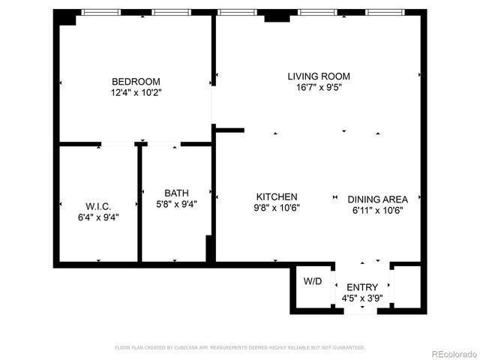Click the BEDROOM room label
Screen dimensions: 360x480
coord(136,82)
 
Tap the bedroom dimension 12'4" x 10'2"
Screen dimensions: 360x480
coord(136,93)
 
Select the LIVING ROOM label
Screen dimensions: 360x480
coord(319,76)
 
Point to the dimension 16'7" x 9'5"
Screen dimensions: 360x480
coord(319,87)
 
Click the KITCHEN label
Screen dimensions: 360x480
coord(277,197)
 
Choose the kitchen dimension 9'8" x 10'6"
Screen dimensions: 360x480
coord(277,208)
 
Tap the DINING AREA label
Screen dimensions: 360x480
coord(377,199)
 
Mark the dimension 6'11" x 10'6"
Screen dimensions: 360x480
coord(377,211)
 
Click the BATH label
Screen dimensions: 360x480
coord(177,191)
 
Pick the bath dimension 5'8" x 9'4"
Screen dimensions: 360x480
coord(177,202)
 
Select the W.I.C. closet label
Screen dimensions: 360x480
coord(98,206)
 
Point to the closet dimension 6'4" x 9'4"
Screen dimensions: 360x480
coord(98,217)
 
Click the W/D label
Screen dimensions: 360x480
coord(312,282)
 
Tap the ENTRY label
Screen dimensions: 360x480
coord(362,287)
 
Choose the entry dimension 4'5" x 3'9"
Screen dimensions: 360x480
coord(362,298)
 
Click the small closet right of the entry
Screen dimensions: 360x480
coord(406,287)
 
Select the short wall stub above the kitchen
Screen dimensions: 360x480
coord(229,130)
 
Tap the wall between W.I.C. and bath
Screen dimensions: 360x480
coord(139,204)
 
